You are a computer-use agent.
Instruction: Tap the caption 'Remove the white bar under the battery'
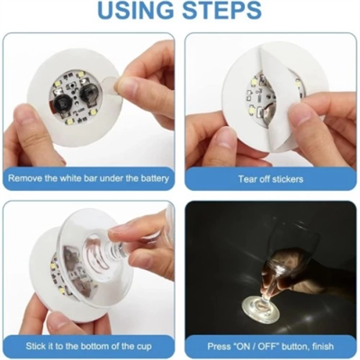click(89, 178)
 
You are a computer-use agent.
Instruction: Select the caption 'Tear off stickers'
click(270, 178)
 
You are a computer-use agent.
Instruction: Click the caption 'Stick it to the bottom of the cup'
click(89, 346)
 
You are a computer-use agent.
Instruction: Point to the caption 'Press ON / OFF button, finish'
click(270, 346)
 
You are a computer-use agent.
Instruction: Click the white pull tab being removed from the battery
click(106, 85)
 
